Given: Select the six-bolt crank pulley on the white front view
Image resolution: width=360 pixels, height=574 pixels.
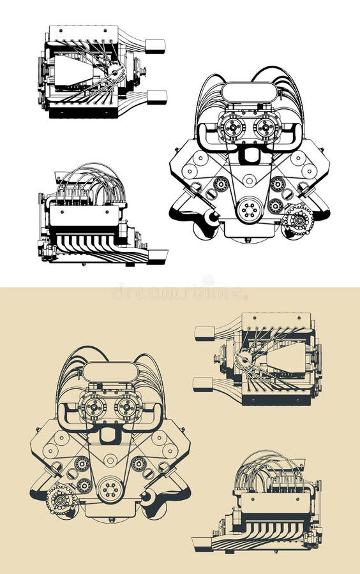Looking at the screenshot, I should click(x=249, y=209).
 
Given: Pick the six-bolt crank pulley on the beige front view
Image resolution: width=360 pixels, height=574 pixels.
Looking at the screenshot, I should click(x=110, y=489).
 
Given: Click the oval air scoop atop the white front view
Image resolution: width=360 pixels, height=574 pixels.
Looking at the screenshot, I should click(x=249, y=92).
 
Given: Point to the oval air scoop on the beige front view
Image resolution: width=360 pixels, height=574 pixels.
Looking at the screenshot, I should click(x=110, y=371).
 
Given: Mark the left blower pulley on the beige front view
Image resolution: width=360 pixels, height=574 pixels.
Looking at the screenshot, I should click(x=93, y=406).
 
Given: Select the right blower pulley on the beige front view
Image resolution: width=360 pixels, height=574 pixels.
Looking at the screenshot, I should click(x=127, y=406).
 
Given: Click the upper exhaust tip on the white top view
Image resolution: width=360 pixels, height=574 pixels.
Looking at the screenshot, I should click(x=155, y=46).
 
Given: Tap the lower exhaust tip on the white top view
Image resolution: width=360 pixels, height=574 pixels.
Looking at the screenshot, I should click(x=156, y=97).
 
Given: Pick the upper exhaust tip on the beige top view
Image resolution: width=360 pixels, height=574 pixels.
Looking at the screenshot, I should click(x=204, y=333).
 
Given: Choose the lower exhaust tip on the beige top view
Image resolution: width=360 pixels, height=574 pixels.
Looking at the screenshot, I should click(x=203, y=384).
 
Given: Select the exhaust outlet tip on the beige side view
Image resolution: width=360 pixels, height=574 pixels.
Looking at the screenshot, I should click(x=202, y=543).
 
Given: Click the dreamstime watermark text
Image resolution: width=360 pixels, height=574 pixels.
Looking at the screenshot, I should click(x=179, y=294).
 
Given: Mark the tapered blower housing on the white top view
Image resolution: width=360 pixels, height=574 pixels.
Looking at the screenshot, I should click(x=73, y=71).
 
